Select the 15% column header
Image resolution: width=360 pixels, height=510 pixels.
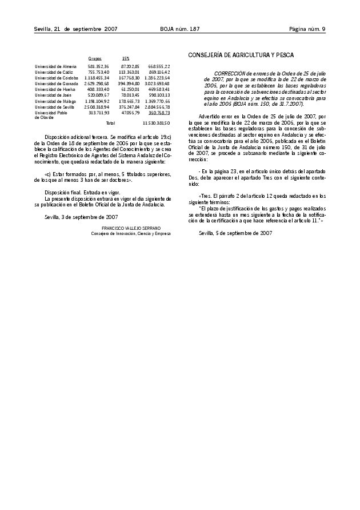(126, 58)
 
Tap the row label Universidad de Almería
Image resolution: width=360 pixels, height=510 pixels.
(55, 67)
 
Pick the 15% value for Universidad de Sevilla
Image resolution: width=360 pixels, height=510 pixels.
(129, 107)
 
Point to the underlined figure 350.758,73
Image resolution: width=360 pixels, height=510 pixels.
(159, 113)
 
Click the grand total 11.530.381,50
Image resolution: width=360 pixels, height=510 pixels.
(156, 123)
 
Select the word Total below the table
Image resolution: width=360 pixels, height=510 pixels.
(110, 123)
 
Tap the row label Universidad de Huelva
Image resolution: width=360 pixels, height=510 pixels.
(55, 90)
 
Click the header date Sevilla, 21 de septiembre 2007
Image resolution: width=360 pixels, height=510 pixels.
(75, 29)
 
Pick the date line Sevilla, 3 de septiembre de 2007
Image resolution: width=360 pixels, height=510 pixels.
(81, 217)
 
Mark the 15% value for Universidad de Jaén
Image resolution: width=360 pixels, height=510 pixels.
(130, 95)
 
